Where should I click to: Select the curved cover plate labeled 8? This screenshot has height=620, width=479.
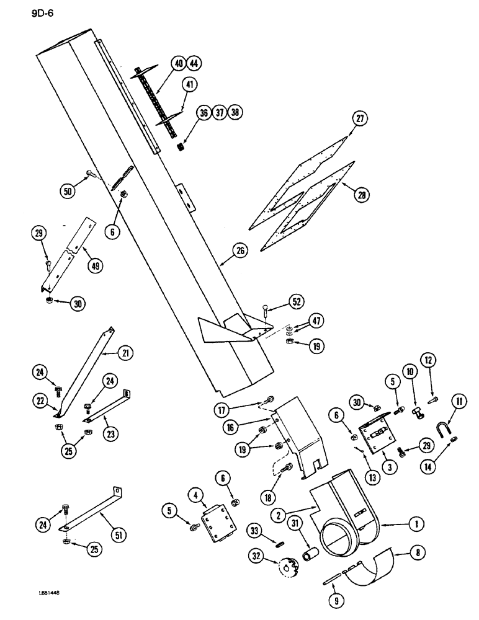coord(370,568)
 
